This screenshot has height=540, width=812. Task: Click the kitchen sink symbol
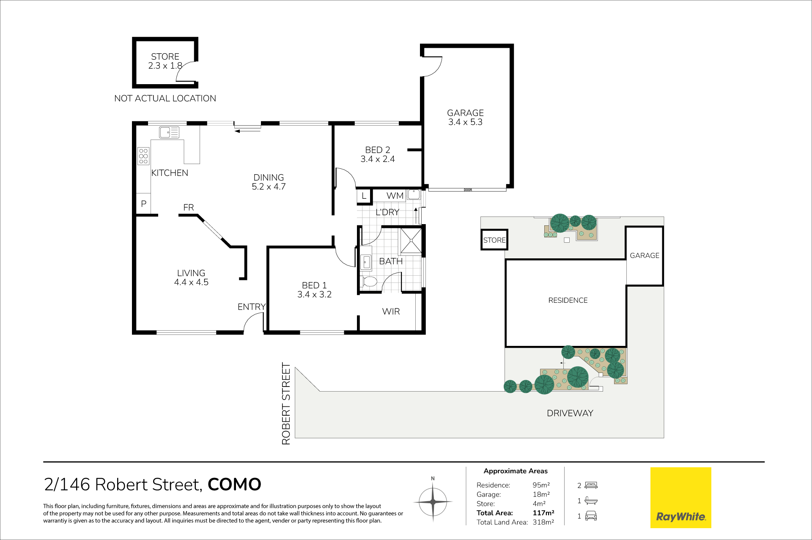coord(169,132)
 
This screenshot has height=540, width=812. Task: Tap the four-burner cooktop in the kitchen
coord(143,156)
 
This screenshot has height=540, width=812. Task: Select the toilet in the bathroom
coord(369,281)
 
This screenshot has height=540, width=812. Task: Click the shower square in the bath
coord(411,241)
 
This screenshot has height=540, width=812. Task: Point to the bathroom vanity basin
coord(366,263)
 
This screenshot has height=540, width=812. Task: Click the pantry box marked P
coord(143,204)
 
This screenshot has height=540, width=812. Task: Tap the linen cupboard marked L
coord(364,196)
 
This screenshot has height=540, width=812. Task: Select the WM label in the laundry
coord(395,196)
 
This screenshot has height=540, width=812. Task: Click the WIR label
coord(391,312)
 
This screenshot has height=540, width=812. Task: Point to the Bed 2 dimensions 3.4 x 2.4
coord(378,159)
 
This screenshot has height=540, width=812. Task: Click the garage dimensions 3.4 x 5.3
coord(465,122)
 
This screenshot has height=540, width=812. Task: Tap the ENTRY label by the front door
coord(252,307)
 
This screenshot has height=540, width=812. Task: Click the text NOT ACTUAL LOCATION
coord(165,99)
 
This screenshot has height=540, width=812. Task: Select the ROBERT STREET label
coord(286,403)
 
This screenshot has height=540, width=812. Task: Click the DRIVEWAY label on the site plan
coord(570,413)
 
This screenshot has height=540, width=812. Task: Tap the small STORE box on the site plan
coord(494,240)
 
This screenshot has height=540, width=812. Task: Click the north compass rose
coord(433,502)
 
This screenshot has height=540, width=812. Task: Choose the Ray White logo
coord(680,498)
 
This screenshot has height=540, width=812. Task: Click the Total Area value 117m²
coord(543,513)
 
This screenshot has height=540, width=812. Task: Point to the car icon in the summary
coord(591,516)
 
